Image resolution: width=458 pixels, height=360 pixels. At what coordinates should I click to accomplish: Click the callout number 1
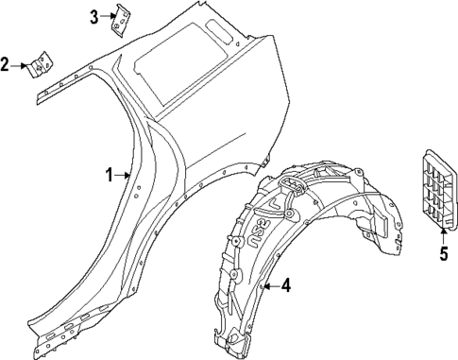(x=109, y=175)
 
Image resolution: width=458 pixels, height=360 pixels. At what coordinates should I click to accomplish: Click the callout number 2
(x=6, y=64)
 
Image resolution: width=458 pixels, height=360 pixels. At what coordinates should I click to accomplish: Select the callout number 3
(x=94, y=16)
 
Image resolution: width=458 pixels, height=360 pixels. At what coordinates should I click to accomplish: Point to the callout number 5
(x=442, y=252)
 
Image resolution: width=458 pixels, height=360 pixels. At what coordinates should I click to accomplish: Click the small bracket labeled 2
(x=39, y=65)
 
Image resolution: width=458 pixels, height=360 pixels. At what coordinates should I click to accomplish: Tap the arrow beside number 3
(x=106, y=16)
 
